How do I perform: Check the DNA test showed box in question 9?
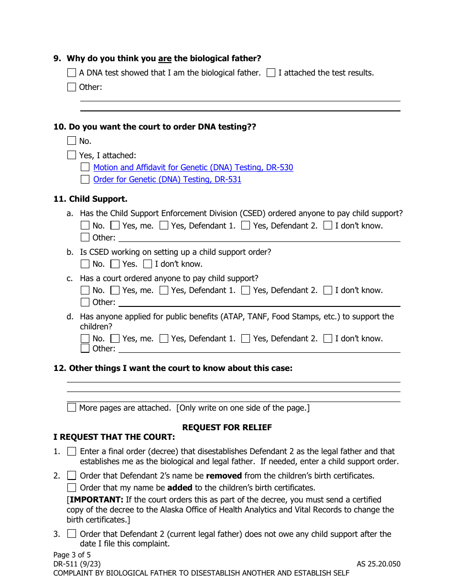[72, 73]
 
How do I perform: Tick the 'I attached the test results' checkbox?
[271, 73]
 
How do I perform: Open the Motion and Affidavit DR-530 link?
[193, 167]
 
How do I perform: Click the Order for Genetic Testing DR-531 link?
[167, 179]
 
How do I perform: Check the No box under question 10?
[72, 141]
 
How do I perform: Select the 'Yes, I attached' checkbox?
[72, 155]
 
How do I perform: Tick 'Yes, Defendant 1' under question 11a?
[164, 226]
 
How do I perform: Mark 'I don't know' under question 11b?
[148, 264]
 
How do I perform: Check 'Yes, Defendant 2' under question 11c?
[246, 290]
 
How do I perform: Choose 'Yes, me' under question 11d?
[115, 338]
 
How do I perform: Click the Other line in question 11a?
[258, 238]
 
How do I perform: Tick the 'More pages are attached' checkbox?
[72, 408]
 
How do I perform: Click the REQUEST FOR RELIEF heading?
[227, 427]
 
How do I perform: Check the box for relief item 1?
[72, 451]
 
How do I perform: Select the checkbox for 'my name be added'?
[72, 488]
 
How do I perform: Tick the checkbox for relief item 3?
[72, 534]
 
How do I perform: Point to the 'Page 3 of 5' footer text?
[72, 555]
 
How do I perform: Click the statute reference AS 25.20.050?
[378, 564]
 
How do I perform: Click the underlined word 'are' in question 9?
[165, 59]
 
